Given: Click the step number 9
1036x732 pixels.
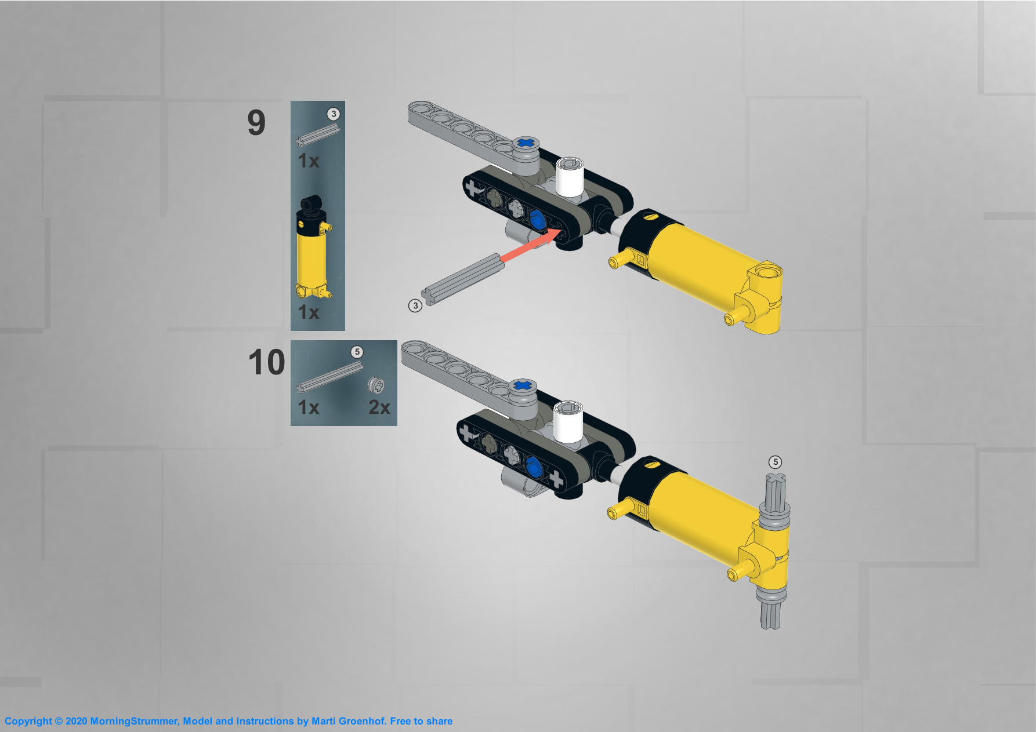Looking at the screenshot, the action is (256, 123).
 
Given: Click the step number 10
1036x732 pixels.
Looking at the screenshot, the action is (266, 362).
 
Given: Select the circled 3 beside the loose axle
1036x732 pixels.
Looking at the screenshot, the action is (415, 305).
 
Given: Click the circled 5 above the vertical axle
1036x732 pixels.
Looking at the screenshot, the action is (775, 462).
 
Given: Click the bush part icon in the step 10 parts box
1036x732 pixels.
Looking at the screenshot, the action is (376, 385).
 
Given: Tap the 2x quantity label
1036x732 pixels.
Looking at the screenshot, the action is (379, 407).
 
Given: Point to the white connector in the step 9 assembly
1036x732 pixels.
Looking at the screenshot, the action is (569, 176).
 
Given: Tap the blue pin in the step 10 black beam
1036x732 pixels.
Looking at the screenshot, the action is (534, 466).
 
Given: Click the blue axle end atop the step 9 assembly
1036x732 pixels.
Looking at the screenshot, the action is (526, 143).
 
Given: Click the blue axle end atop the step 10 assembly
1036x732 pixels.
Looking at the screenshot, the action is (523, 385).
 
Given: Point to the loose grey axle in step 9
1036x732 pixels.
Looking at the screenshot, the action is (462, 279).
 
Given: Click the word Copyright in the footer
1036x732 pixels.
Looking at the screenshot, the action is (28, 722).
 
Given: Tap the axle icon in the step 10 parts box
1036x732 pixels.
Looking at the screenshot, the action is (329, 377).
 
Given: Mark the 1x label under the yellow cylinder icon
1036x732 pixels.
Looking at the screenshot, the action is (309, 312).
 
